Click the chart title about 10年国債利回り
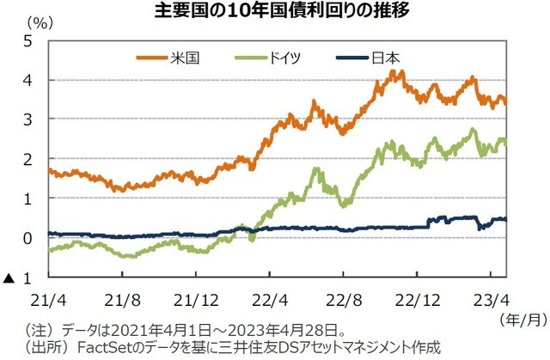coord(276,12)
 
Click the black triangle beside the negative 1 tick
coord(9,278)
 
